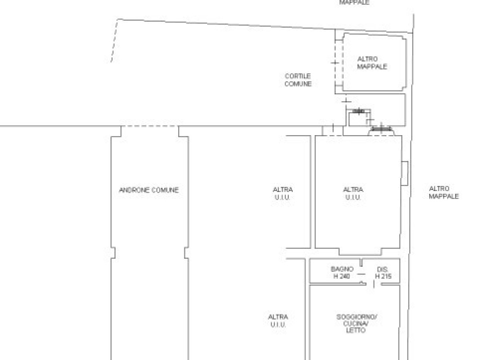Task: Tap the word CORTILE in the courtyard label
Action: [x=298, y=76]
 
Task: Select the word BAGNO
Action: [x=342, y=269]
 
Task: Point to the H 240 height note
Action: [x=341, y=276]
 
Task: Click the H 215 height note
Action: [x=383, y=276]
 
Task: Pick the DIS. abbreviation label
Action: [x=382, y=269]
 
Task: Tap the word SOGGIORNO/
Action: [x=357, y=317]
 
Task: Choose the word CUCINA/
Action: [x=356, y=324]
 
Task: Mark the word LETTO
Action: [x=356, y=330]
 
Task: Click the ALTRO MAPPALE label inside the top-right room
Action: [x=372, y=63]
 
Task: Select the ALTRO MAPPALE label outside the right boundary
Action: [x=444, y=192]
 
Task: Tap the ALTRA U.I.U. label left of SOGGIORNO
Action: [x=278, y=321]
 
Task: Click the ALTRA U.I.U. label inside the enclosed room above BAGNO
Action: [x=353, y=194]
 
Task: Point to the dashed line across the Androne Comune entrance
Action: [x=150, y=126]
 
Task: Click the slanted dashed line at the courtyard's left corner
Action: [x=114, y=41]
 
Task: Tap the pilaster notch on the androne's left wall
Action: [x=113, y=253]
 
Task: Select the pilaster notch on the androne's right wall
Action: [x=186, y=253]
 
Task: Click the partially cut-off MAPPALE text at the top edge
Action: [x=354, y=2]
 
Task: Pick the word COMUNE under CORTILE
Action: [x=298, y=84]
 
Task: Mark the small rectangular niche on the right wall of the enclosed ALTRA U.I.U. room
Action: [x=404, y=173]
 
